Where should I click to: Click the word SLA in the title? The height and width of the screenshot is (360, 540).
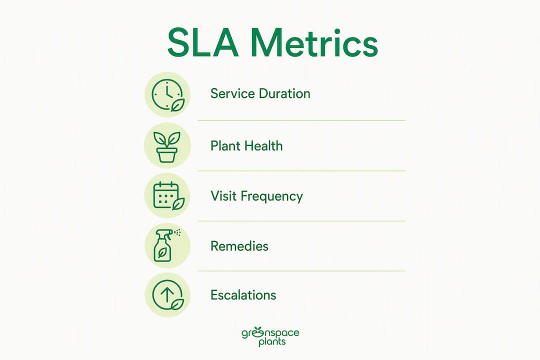pos(203,43)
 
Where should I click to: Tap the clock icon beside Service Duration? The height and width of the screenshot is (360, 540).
pos(167,95)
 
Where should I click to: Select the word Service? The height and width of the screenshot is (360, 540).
pos(232,93)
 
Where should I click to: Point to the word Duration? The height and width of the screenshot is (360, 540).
pos(284,93)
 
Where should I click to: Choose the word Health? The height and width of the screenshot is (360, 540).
pos(263,146)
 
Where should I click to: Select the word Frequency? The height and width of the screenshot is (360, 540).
pos(271,196)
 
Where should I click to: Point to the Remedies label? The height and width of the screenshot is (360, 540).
pos(239,246)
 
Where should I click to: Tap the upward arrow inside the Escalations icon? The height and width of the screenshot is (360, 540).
pos(167,294)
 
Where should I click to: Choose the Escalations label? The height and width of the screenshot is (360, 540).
pos(243,295)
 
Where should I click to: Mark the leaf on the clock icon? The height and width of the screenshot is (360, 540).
pos(177,105)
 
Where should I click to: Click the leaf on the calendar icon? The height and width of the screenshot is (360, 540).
pos(178,203)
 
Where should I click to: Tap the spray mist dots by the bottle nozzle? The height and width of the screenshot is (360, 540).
pos(177,232)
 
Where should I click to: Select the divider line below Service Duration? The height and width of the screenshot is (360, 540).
pos(301,120)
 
